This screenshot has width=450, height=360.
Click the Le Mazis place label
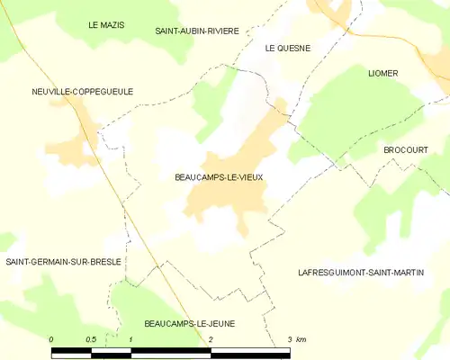(106, 27)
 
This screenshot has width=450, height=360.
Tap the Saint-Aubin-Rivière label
(197, 31)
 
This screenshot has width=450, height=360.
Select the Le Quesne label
(287, 49)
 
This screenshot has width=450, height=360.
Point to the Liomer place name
(382, 73)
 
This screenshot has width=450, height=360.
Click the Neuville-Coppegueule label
(68, 92)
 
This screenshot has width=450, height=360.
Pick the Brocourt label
(404, 149)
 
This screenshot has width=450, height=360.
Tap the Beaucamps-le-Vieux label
(219, 177)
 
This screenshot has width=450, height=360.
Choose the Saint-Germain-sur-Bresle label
(63, 262)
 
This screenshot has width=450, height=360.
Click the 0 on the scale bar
(51, 338)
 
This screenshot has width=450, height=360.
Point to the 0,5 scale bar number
(91, 338)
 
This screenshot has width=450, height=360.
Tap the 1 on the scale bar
(131, 338)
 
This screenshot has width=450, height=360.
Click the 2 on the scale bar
(211, 338)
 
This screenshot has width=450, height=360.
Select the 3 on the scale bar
(289, 338)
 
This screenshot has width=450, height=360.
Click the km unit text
(301, 338)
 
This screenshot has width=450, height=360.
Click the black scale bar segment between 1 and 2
(171, 351)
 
